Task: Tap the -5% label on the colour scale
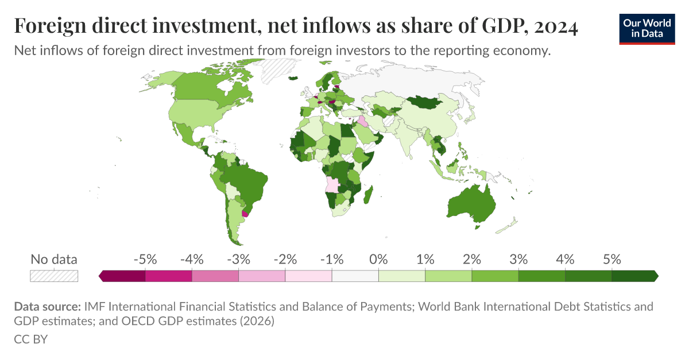(145, 259)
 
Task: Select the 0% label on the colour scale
(378, 259)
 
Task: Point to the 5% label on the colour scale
(612, 259)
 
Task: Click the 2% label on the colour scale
(472, 259)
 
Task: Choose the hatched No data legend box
(54, 276)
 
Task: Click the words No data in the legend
(54, 259)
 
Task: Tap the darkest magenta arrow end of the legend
(102, 276)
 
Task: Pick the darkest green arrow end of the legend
(655, 276)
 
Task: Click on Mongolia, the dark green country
(428, 103)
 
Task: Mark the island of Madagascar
(370, 193)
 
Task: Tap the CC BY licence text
(30, 339)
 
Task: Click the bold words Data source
(47, 307)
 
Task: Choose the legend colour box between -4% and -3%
(215, 276)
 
